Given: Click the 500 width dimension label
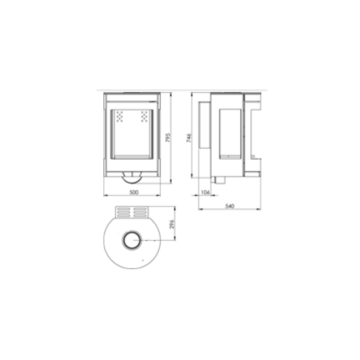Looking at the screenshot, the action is click(134, 192).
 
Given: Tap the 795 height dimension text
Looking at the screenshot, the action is click(168, 138).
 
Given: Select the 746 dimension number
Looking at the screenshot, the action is click(189, 138).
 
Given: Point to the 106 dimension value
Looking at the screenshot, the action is click(206, 192).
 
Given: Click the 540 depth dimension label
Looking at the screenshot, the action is click(229, 206).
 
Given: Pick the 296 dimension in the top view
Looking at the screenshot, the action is click(172, 224).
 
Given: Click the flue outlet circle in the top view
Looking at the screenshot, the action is click(132, 240).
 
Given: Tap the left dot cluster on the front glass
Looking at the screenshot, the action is click(119, 117).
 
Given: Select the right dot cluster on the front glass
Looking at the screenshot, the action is click(144, 117).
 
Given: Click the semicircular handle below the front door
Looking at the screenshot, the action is click(132, 183).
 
